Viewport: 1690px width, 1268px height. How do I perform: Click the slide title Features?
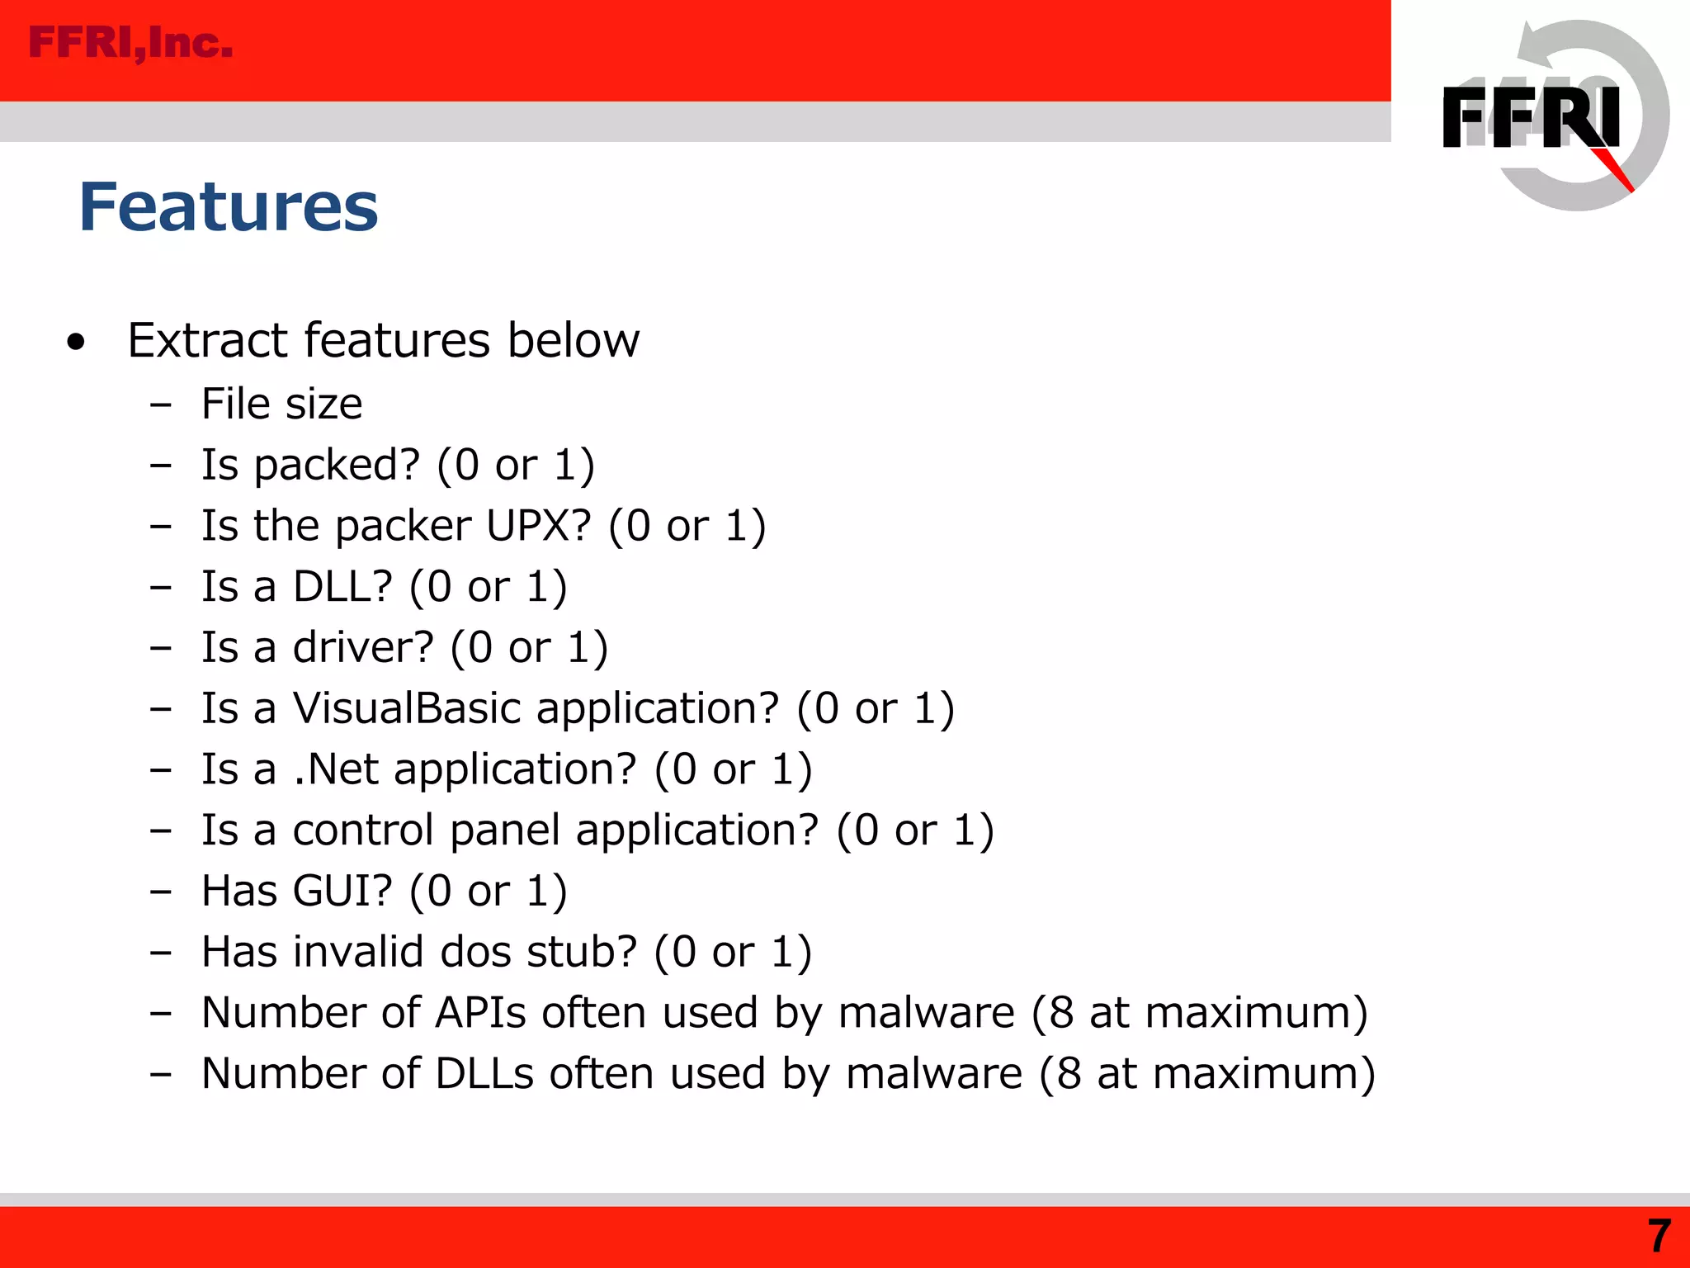229,206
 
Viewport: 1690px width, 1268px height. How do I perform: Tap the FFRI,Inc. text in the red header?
130,43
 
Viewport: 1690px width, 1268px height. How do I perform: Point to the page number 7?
1659,1236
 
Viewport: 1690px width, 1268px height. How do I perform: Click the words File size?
282,405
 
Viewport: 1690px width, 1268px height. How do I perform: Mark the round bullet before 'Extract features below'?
76,342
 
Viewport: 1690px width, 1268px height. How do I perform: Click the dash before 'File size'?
161,405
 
